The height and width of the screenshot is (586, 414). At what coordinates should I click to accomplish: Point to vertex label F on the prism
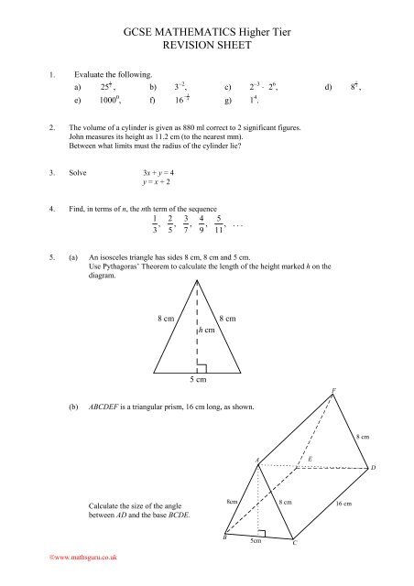coord(333,391)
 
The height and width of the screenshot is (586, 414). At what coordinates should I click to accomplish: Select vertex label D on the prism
coord(374,469)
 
